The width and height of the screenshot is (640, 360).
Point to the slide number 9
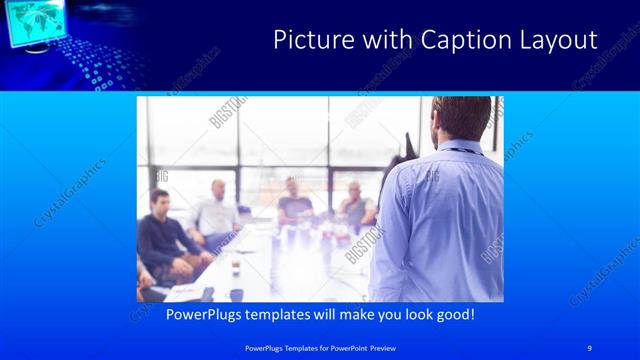tap(590, 346)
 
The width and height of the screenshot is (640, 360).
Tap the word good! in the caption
tap(451, 314)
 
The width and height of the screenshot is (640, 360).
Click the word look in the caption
tap(406, 314)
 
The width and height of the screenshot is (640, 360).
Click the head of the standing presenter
tap(462, 119)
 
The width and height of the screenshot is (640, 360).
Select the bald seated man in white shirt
tap(217, 210)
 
